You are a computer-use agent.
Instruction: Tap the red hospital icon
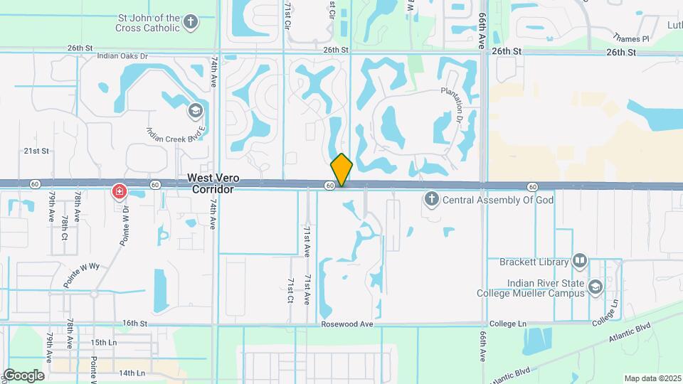pyautogui.click(x=120, y=191)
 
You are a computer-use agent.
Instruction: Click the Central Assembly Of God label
pyautogui.click(x=498, y=200)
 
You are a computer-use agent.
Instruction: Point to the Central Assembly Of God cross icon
pyautogui.click(x=431, y=200)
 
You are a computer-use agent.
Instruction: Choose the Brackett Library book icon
pyautogui.click(x=581, y=261)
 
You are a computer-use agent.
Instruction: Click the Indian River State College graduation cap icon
pyautogui.click(x=595, y=287)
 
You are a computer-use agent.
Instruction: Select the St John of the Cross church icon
pyautogui.click(x=190, y=22)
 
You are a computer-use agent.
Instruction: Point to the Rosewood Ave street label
pyautogui.click(x=347, y=324)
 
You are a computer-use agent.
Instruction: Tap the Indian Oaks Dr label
pyautogui.click(x=122, y=55)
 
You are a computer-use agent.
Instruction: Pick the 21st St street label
pyautogui.click(x=36, y=151)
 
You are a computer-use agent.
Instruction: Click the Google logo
pyautogui.click(x=23, y=375)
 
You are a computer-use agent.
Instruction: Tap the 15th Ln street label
pyautogui.click(x=103, y=342)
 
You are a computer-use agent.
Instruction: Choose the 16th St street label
pyautogui.click(x=134, y=323)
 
